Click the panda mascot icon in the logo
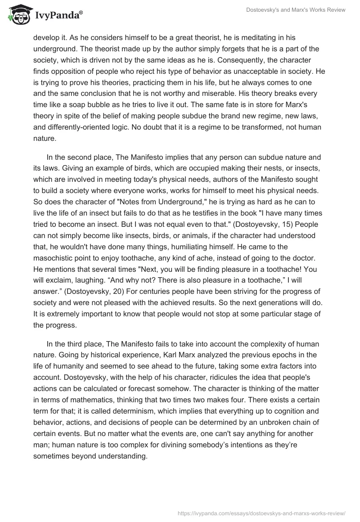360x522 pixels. (17, 14)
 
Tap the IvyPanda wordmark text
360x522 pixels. (57, 16)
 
